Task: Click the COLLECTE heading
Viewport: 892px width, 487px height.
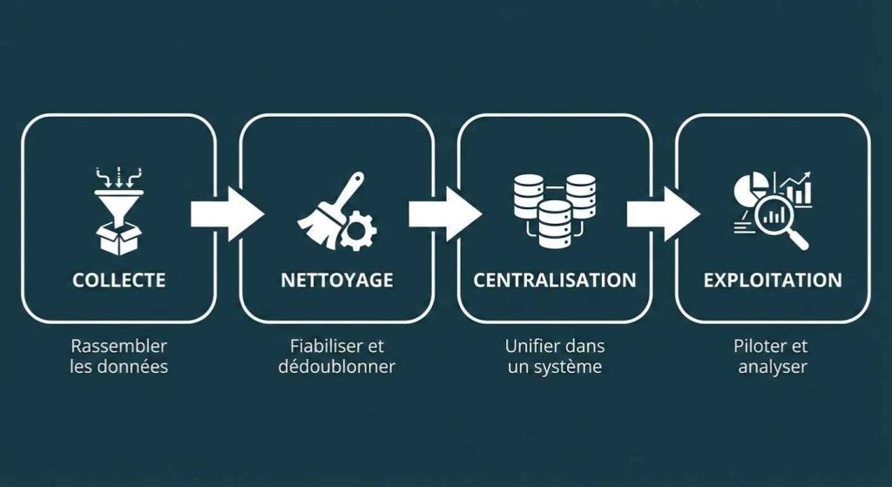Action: coord(118,281)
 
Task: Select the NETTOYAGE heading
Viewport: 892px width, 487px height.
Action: coord(336,281)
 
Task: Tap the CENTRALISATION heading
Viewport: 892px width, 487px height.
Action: coord(555,281)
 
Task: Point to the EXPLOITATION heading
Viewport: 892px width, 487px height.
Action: coord(773,281)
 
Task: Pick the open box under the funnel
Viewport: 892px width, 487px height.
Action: coord(118,238)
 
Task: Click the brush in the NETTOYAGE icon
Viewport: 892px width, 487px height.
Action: coord(329,212)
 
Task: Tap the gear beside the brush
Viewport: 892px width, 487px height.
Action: coord(358,231)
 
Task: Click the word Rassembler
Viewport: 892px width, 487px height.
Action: coord(118,346)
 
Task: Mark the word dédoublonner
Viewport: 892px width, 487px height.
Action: coord(336,367)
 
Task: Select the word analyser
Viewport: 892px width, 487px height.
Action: coord(773,367)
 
